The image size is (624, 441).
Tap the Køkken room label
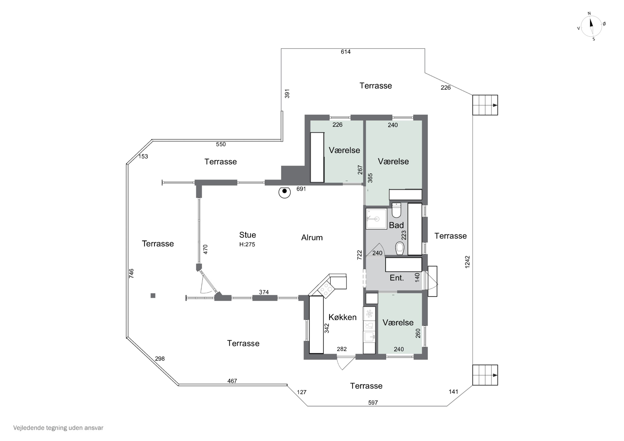[x=342, y=317]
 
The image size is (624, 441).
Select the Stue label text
[x=248, y=235]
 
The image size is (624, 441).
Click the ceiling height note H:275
[x=247, y=244]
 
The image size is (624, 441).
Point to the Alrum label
[x=312, y=237]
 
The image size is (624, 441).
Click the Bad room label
[x=396, y=225]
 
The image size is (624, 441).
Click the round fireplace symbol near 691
[x=285, y=192]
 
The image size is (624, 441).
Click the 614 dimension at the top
[x=346, y=52]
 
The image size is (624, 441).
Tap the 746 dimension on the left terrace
[x=131, y=273]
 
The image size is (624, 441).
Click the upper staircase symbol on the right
[x=485, y=105]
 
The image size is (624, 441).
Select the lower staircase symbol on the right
[x=485, y=375]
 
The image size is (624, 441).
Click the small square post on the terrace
[x=153, y=296]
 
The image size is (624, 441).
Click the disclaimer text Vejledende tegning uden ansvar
[x=58, y=428]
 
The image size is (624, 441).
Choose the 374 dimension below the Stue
[x=264, y=292]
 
